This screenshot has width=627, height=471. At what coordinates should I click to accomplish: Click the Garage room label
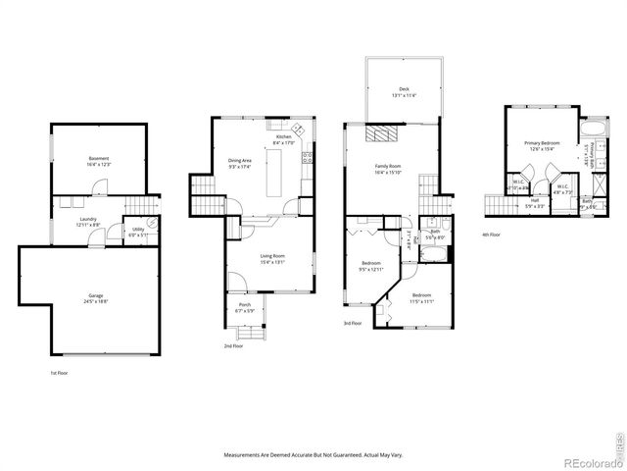pyautogui.click(x=95, y=297)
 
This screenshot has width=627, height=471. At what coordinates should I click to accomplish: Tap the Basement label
pyautogui.click(x=99, y=160)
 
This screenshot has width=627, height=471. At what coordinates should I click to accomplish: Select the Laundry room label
pyautogui.click(x=87, y=222)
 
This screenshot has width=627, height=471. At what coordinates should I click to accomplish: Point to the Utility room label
pyautogui.click(x=138, y=232)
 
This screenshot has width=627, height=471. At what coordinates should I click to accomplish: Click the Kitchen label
pyautogui.click(x=284, y=138)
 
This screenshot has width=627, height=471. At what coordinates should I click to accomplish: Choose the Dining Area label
pyautogui.click(x=241, y=162)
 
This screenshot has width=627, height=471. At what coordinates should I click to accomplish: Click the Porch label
pyautogui.click(x=244, y=307)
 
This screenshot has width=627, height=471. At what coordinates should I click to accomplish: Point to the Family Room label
pyautogui.click(x=389, y=169)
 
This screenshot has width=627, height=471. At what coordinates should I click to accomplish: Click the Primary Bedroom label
pyautogui.click(x=541, y=145)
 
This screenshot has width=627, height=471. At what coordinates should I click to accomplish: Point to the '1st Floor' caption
pyautogui.click(x=60, y=374)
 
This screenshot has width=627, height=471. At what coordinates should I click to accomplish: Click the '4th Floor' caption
pyautogui.click(x=491, y=234)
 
